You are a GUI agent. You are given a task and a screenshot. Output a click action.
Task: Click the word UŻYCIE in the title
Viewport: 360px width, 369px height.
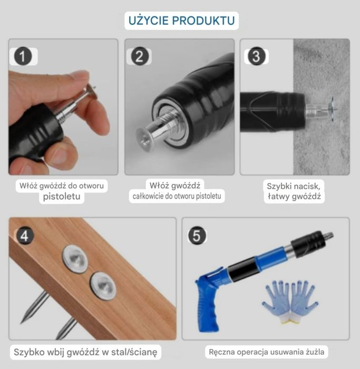coord(148,21)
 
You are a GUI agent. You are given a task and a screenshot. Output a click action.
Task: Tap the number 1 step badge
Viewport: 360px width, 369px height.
coord(23,56)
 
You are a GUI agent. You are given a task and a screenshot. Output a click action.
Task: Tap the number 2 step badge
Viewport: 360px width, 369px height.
coord(139,56)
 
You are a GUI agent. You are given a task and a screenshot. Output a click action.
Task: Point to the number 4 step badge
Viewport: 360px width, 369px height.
coord(24,235)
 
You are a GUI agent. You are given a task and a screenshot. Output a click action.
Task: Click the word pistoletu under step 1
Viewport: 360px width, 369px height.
coord(63,197)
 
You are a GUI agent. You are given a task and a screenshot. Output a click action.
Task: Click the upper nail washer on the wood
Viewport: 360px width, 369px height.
coord(75,259)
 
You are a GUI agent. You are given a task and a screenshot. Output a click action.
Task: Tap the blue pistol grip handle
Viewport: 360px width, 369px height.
coord(209,305)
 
